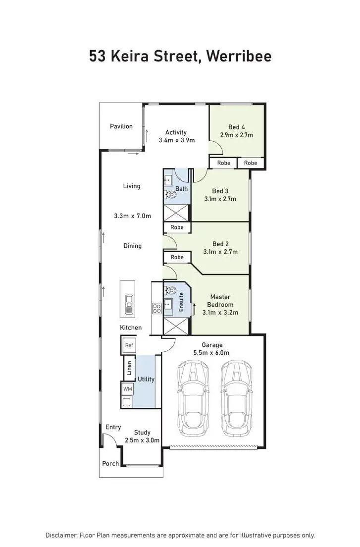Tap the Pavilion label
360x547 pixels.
121,126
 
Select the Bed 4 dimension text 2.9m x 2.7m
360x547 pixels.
240,135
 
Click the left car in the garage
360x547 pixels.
193,396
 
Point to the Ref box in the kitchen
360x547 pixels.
129,345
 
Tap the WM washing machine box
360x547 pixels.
128,389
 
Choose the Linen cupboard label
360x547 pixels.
129,367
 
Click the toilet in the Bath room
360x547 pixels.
172,195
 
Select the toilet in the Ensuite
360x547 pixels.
172,290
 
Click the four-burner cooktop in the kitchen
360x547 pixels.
156,309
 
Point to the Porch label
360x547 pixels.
110,464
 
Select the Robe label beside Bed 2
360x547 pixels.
177,258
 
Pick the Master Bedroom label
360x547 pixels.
220,301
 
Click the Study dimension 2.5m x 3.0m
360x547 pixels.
142,440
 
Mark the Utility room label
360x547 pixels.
146,379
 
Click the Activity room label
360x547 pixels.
176,132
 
